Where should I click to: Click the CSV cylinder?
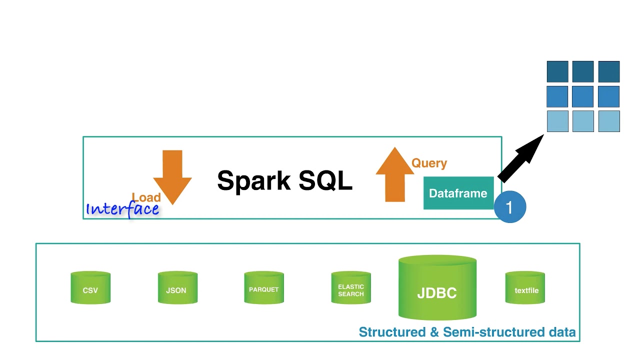pos(90,288)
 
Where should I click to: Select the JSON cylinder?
pos(177,288)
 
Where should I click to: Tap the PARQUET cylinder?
pos(264,288)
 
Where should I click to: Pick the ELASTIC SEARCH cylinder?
pos(351,288)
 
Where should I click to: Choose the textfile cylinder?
pos(525,288)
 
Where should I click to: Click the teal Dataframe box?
pos(458,193)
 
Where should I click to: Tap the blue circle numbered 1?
pos(510,207)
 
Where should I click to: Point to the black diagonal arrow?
pos(520,159)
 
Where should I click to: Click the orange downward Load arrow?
pos(172,175)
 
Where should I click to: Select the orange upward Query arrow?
pos(395,175)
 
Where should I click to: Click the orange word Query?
pos(429,163)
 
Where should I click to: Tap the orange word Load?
pos(146,197)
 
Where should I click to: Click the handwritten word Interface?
pos(123,209)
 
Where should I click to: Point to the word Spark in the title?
pos(254,181)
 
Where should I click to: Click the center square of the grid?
pos(583,96)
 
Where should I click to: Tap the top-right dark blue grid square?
pos(609,71)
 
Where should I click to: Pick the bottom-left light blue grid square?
pos(557,121)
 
